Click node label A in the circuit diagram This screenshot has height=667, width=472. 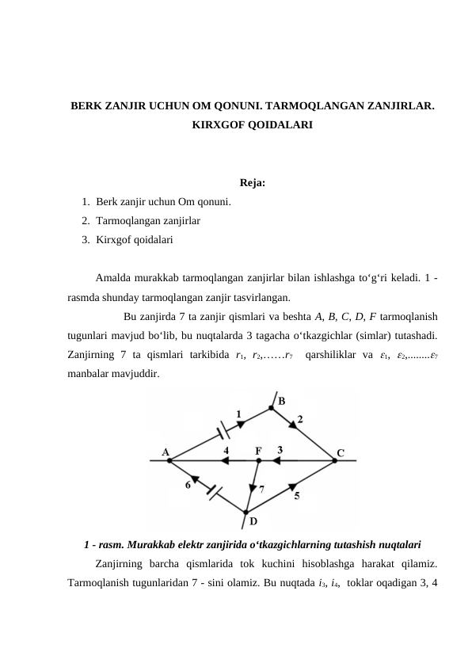point(166,452)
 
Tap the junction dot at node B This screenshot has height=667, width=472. point(272,407)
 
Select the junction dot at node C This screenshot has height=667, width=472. point(334,460)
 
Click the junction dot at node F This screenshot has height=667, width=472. point(259,460)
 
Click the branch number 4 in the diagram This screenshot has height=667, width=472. point(226,450)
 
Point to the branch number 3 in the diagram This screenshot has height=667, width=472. point(280,450)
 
